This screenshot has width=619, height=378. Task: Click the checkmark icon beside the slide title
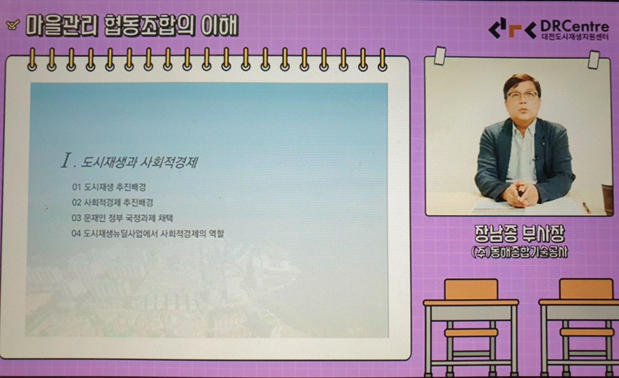12,26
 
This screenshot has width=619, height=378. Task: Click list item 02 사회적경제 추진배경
113,203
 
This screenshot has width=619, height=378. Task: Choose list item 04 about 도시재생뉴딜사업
149,233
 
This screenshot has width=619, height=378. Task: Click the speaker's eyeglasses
522,94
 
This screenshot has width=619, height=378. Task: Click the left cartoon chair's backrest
471,289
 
